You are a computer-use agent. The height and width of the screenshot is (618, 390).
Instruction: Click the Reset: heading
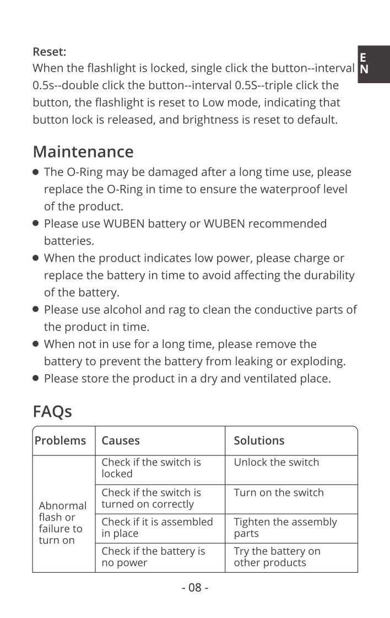pos(50,52)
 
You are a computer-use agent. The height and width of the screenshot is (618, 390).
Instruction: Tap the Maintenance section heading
pos(83,151)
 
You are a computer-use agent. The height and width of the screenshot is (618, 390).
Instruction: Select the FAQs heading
pos(52,411)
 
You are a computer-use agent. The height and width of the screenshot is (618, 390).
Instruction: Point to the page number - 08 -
pos(195,588)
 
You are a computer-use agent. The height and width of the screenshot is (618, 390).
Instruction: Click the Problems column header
pos(61,441)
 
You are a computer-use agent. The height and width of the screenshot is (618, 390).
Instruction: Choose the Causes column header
pos(121,441)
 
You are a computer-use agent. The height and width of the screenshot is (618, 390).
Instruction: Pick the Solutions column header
pos(259,441)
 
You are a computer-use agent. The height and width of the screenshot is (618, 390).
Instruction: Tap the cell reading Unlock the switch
pos(277,463)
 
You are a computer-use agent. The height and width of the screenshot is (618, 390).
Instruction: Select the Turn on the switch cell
pos(279,493)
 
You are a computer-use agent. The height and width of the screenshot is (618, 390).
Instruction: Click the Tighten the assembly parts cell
pos(285,528)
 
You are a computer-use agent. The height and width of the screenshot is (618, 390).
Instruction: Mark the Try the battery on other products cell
pos(277,557)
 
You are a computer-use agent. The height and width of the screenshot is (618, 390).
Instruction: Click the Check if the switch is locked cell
pos(151,468)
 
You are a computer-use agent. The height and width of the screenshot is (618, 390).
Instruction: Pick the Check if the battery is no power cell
pos(153,557)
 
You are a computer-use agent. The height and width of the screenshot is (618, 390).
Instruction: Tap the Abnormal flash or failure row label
pos(62,523)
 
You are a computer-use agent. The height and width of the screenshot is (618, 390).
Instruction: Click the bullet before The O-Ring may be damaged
pos(36,172)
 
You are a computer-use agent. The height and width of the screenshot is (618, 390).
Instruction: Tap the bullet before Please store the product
pos(36,379)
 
